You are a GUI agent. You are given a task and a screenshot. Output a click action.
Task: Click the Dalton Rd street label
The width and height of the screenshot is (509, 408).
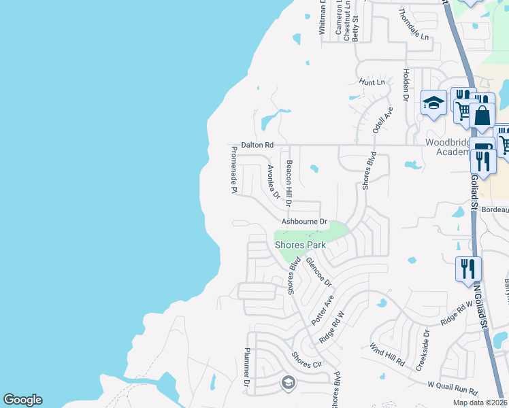(x=257, y=145)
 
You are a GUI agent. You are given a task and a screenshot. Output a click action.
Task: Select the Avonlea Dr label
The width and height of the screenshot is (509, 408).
(x=274, y=182)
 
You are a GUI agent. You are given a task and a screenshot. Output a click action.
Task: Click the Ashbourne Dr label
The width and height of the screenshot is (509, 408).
(x=306, y=222)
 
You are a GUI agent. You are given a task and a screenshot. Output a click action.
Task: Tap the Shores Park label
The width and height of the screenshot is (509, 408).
(x=300, y=245)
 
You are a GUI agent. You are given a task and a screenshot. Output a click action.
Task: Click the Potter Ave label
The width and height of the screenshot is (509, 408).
(x=323, y=309)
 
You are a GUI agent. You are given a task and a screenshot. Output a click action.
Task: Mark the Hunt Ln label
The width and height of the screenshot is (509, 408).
(x=372, y=82)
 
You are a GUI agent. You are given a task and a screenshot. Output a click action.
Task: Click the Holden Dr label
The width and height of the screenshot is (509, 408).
(x=406, y=85)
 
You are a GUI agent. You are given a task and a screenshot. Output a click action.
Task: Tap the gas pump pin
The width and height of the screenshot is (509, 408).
(x=481, y=149)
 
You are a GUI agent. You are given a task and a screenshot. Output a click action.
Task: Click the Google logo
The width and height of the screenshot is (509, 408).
(x=22, y=400)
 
